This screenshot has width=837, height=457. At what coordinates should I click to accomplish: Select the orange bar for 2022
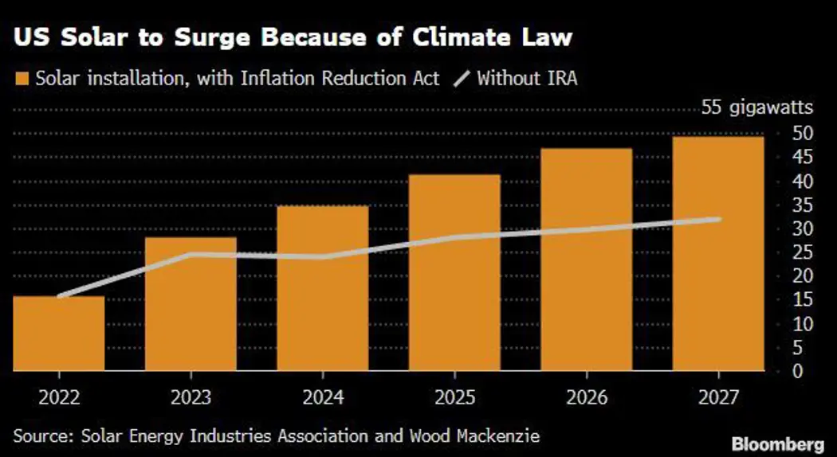click(58, 334)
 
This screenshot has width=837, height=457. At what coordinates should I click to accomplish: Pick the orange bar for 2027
click(718, 255)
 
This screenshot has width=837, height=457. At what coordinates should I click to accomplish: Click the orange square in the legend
click(21, 80)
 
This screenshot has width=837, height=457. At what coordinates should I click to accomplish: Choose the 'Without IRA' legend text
click(527, 80)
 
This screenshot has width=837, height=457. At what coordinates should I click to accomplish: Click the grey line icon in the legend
click(462, 80)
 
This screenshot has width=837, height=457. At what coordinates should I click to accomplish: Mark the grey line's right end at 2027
click(719, 219)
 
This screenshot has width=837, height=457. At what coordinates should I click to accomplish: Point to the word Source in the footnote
click(40, 436)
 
